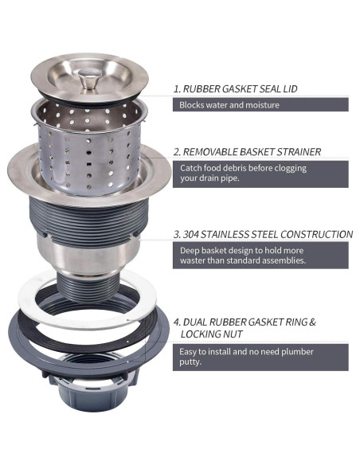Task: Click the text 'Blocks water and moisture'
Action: click(x=229, y=105)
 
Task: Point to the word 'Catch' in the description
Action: click(x=191, y=168)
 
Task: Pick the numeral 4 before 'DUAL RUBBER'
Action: click(x=177, y=322)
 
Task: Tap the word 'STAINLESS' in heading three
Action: click(x=234, y=235)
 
